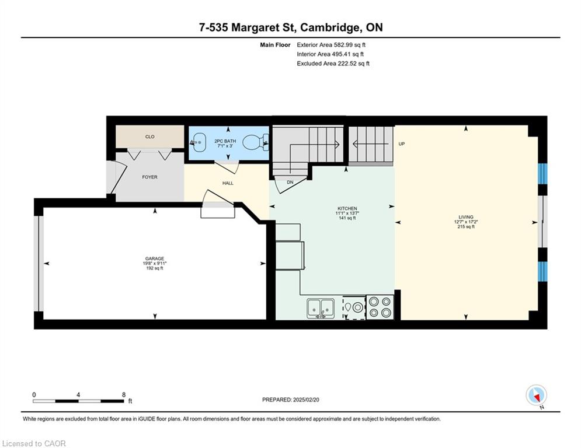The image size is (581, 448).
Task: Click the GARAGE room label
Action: point(155,258)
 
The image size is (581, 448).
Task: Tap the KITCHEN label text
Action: point(347,208)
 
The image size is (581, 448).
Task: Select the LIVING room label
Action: point(466,217)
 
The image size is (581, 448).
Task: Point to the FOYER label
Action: point(149,177)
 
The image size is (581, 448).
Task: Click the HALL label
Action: point(228,183)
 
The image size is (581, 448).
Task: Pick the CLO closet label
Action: point(149,136)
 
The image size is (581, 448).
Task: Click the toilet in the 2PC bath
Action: point(256,142)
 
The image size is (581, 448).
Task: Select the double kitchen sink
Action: point(321,308)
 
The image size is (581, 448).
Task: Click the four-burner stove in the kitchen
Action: point(380,307)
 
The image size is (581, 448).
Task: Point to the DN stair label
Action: point(290,182)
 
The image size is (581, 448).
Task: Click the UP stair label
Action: point(402,143)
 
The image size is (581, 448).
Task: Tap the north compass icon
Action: point(536,395)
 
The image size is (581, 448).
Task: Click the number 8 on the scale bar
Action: point(124,395)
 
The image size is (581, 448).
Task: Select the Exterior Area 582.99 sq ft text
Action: point(331,45)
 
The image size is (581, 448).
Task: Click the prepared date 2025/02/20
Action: point(306,400)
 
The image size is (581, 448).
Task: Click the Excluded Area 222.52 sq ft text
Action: point(333,64)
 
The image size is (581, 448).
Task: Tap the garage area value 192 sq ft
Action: point(155,268)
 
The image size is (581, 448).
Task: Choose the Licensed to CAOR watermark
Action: point(34,443)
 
